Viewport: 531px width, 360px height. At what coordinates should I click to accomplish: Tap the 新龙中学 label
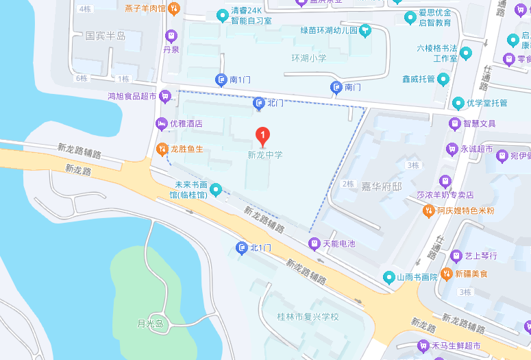(x=264, y=155)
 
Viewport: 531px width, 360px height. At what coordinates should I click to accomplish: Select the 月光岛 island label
(x=150, y=324)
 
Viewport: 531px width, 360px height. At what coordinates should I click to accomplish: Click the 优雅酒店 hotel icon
(x=162, y=124)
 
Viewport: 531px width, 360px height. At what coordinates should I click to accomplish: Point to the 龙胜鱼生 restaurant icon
(x=162, y=148)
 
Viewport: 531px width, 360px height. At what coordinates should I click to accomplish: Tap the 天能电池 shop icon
(x=314, y=243)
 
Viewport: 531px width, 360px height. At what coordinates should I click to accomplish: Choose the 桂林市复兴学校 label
(x=308, y=317)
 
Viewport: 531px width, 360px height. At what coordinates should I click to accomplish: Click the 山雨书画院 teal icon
(x=388, y=277)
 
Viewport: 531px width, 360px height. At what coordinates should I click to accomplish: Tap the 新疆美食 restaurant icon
(x=447, y=274)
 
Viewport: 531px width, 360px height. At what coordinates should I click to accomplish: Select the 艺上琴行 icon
(x=456, y=256)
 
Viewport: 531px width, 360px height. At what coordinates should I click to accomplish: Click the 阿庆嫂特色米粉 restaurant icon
(x=428, y=211)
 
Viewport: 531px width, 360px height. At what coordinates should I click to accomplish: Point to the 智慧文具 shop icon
(x=454, y=123)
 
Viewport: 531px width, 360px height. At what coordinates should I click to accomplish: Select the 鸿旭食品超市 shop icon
(x=164, y=97)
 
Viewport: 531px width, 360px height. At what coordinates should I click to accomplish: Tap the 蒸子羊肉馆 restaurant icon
(x=174, y=9)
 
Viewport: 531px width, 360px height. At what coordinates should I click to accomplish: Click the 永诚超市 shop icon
(x=452, y=148)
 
